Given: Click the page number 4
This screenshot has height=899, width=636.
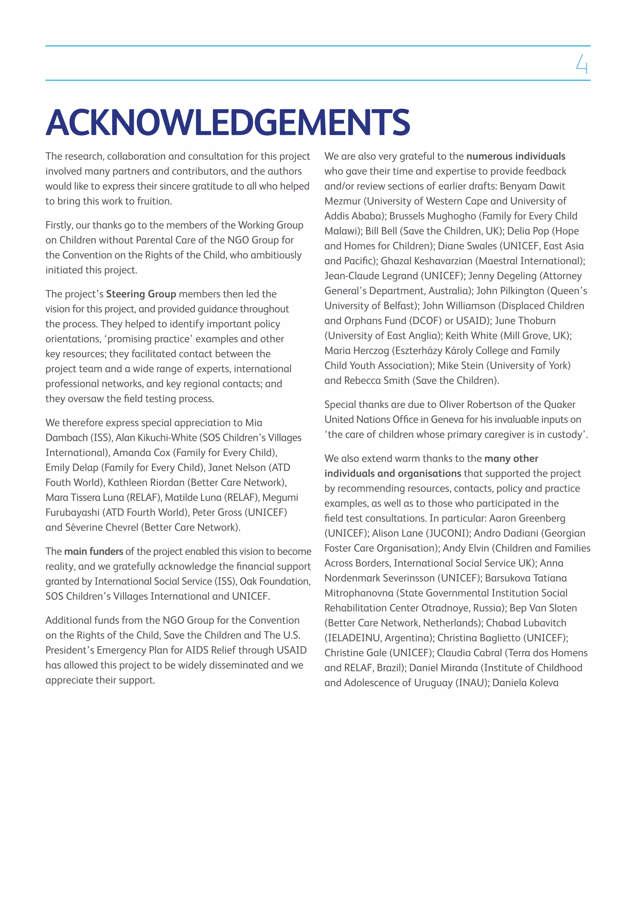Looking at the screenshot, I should click(x=582, y=64).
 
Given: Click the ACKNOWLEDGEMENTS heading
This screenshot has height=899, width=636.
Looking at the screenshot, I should click(x=228, y=123).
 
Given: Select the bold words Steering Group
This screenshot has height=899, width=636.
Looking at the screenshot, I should click(x=141, y=294).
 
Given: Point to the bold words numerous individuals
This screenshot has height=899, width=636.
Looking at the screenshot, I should click(x=516, y=156).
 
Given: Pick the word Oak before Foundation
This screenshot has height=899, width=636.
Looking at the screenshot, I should click(x=249, y=581).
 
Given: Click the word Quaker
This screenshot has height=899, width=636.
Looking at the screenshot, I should click(x=560, y=404).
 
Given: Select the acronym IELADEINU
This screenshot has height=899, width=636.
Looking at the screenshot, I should click(x=354, y=638).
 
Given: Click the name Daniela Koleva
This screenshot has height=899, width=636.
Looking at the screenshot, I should click(x=525, y=683).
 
